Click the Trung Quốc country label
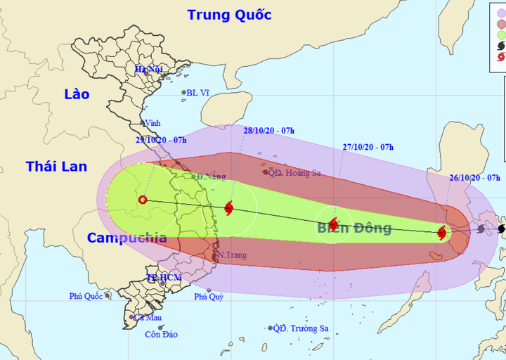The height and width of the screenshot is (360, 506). coord(229,15)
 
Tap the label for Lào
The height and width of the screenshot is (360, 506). coord(77,94)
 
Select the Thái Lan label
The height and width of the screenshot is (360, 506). coord(57,167)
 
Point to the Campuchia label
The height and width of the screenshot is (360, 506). coord(127,238)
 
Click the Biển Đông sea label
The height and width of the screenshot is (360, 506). coord(353,228)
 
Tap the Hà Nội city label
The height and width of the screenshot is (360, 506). coord(149,69)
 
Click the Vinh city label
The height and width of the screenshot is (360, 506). coord(153,123)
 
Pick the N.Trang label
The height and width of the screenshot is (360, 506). coord(231,255)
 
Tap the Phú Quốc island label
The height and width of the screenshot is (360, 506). coord(86,296)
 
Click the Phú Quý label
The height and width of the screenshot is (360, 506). coord(209,297)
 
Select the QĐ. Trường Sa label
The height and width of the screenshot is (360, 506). coord(301,328)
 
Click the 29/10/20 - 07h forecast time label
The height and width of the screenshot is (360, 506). coord(162,140)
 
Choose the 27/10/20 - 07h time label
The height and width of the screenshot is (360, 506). coord(368,147)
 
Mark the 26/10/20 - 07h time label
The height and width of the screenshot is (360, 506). coord(474,178)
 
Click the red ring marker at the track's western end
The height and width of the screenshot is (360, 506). coord(143,200)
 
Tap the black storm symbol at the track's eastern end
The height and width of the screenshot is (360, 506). coord(502,229)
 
